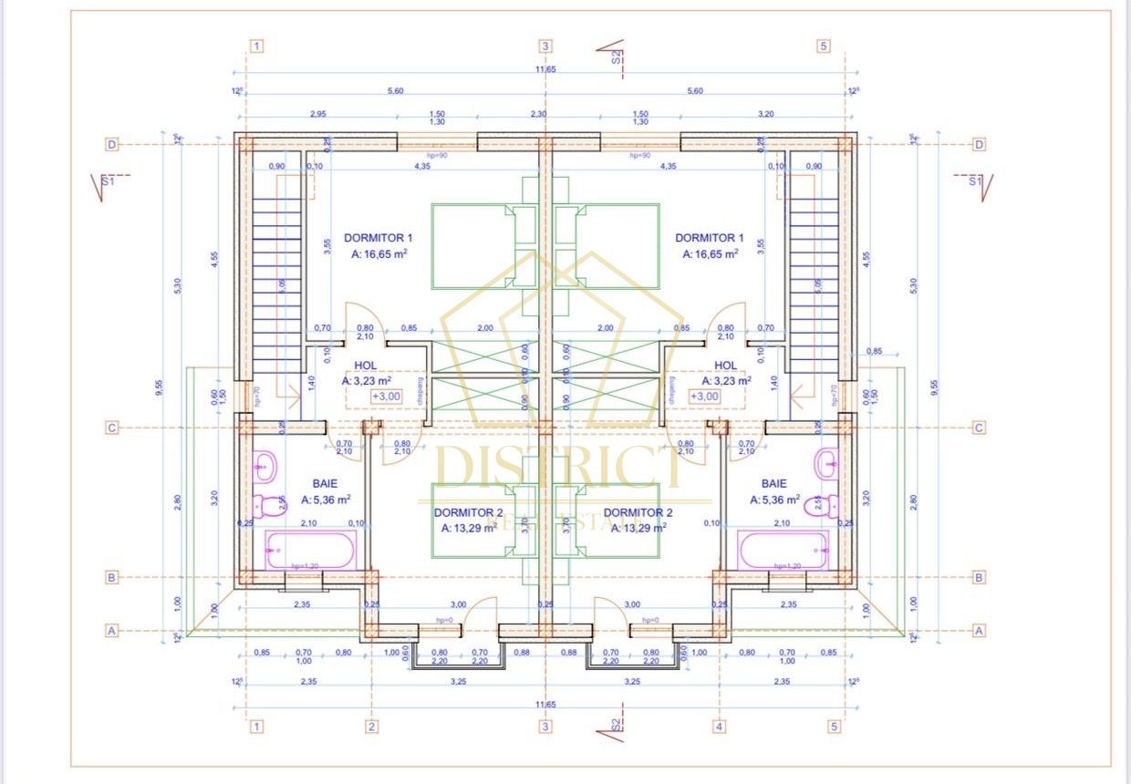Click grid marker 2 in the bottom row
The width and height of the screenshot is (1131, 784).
pos(372,727)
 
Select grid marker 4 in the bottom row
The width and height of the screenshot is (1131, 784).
pos(720,727)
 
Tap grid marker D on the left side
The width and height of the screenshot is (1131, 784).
pos(112,144)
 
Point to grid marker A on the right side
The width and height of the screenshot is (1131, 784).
pos(980,630)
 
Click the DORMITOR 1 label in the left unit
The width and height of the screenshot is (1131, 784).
pos(379,238)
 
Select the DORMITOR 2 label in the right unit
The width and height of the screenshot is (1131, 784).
pos(638,512)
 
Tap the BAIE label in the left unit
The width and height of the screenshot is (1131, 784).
pos(326,484)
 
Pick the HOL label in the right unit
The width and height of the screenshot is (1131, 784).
pos(726,366)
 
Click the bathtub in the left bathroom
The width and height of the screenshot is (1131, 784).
pos(309,550)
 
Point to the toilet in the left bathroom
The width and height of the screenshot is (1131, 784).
pos(269,504)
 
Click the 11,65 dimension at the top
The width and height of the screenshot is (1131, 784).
pos(545,69)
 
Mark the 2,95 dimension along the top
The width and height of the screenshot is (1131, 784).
pos(317,113)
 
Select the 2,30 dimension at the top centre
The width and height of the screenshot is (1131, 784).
pos(538,113)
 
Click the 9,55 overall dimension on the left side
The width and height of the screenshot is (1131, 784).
pos(160,387)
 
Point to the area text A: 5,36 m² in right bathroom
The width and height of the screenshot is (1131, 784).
pos(774,500)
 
